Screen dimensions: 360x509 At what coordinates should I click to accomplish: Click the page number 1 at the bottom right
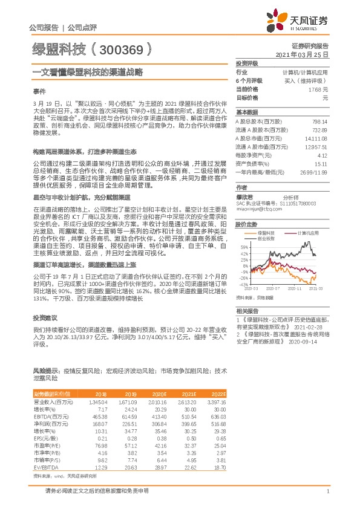[x=327, y=491]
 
